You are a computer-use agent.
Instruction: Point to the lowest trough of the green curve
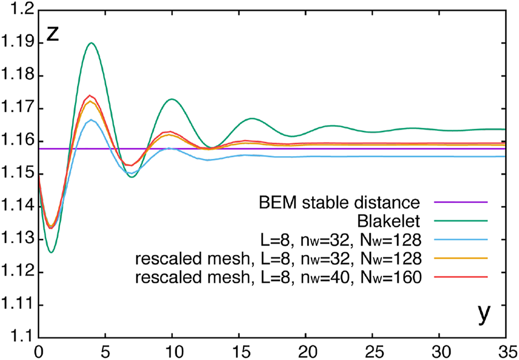click(x=52, y=252)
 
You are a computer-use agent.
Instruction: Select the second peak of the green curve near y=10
click(x=172, y=99)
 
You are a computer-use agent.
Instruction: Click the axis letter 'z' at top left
click(x=52, y=34)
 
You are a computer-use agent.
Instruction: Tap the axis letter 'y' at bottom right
click(x=485, y=313)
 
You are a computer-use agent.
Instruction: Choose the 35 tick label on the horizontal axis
click(x=506, y=350)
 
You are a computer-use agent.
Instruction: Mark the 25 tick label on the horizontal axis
click(x=372, y=350)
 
